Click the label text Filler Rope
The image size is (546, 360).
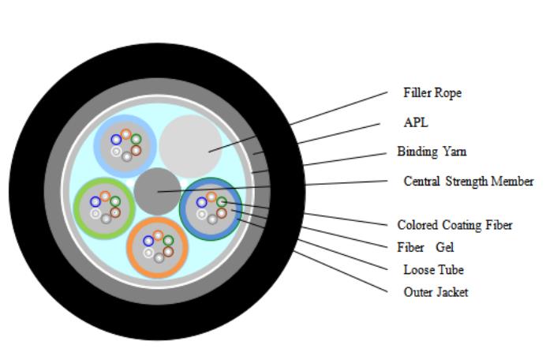[x=432, y=92]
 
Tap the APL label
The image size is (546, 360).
[x=415, y=122]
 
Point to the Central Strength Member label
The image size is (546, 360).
[x=468, y=182]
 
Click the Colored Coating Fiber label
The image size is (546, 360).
[x=454, y=225]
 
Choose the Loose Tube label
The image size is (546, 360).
[x=433, y=270]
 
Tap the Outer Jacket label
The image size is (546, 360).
[x=436, y=292]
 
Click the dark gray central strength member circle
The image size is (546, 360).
[x=157, y=191]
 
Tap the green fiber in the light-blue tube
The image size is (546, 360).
[x=136, y=139]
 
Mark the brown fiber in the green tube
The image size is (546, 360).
[x=115, y=212]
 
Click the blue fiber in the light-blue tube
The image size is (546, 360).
[x=116, y=139]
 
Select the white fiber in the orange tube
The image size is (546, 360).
[x=148, y=253]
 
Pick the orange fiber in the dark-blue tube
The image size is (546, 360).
[x=211, y=196]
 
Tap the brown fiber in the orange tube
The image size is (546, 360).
[x=168, y=251]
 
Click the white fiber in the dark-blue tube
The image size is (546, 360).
[x=202, y=213]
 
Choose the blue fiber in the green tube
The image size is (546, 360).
[x=95, y=201]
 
